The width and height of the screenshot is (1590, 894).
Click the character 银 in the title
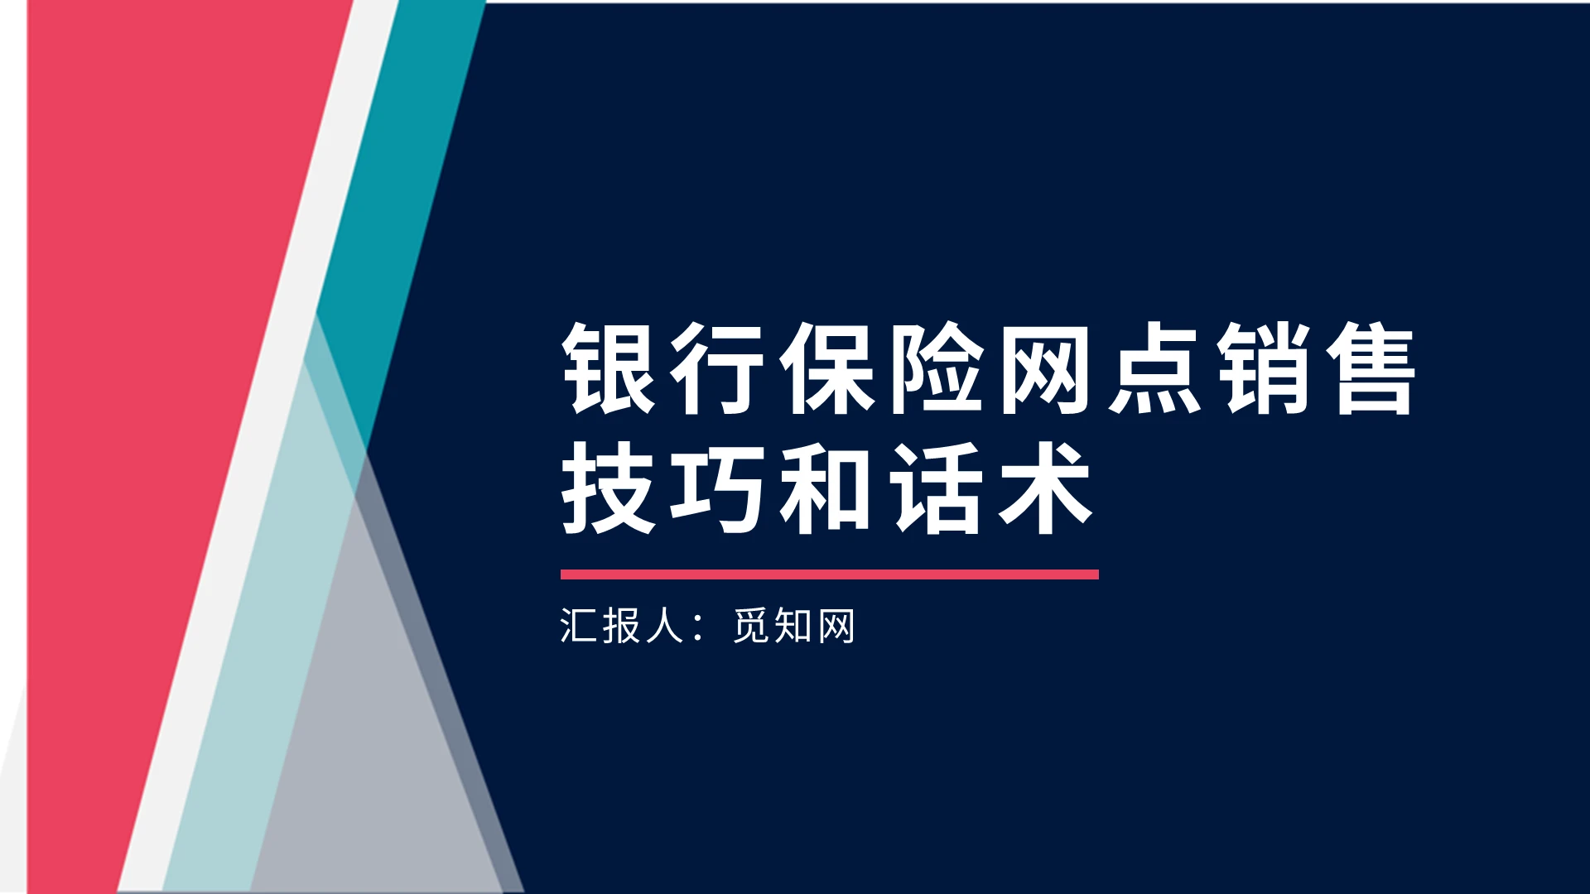coord(609,369)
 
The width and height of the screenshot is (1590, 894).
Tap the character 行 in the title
coord(717,369)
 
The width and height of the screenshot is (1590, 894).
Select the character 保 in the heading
coord(826,369)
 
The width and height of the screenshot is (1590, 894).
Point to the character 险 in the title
coord(936,369)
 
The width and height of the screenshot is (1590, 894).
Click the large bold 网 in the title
coord(1045,369)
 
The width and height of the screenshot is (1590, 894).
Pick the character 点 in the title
coord(1154,369)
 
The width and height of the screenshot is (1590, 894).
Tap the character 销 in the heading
coord(1264,369)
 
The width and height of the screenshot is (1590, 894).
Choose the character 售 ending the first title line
coord(1371,369)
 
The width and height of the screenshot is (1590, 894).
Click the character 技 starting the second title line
coord(609,488)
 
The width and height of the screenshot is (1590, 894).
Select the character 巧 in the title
coord(717,488)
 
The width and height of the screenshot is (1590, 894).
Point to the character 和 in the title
coord(826,488)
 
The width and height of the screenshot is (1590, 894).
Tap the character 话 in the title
coord(936,488)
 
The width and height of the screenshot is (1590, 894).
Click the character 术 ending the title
coord(1045,488)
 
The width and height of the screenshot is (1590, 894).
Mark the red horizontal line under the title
coord(829,574)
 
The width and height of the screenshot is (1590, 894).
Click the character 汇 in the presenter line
coord(578,626)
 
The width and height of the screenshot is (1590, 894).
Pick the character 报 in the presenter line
coord(621,626)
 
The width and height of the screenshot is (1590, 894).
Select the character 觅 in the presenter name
coord(750,626)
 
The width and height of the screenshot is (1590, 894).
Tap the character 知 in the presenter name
coord(793,626)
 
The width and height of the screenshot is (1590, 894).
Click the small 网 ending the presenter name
coord(836,626)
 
